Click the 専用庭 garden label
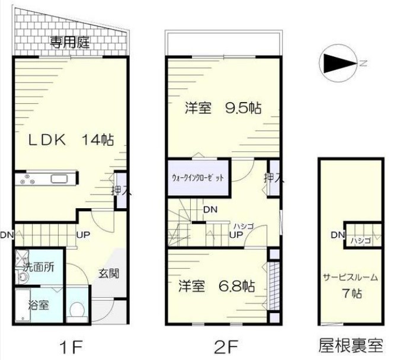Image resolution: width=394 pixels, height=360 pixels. pyautogui.click(x=69, y=42)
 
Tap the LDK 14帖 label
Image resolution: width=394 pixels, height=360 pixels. pyautogui.click(x=71, y=139)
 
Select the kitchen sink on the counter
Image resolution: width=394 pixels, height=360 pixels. pyautogui.click(x=59, y=179)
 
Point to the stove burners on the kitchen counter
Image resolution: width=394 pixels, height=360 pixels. pyautogui.click(x=25, y=179)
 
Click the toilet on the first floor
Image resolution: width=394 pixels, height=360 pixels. pyautogui.click(x=76, y=310)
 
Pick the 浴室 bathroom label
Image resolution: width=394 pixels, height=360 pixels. pyautogui.click(x=39, y=305)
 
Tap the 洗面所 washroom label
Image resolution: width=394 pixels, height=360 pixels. pyautogui.click(x=39, y=267)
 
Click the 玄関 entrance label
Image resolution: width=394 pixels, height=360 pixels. pyautogui.click(x=108, y=273)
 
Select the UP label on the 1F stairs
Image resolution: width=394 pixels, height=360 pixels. pyautogui.click(x=83, y=235)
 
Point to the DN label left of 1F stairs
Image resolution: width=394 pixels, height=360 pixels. pyautogui.click(x=7, y=235)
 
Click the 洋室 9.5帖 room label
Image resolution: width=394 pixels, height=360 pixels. pyautogui.click(x=223, y=108)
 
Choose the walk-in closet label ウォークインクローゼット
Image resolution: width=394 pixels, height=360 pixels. pyautogui.click(x=198, y=177)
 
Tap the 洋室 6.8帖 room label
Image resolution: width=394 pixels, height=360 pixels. pyautogui.click(x=217, y=286)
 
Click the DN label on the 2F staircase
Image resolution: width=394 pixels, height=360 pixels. pyautogui.click(x=210, y=209)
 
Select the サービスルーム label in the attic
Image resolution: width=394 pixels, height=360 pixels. pyautogui.click(x=350, y=277)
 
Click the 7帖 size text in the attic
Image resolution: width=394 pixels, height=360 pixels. pyautogui.click(x=352, y=294)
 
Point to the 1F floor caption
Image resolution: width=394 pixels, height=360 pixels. pyautogui.click(x=71, y=347)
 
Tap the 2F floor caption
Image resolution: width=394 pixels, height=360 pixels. pyautogui.click(x=226, y=347)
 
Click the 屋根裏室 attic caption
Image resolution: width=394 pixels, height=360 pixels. pyautogui.click(x=351, y=345)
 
